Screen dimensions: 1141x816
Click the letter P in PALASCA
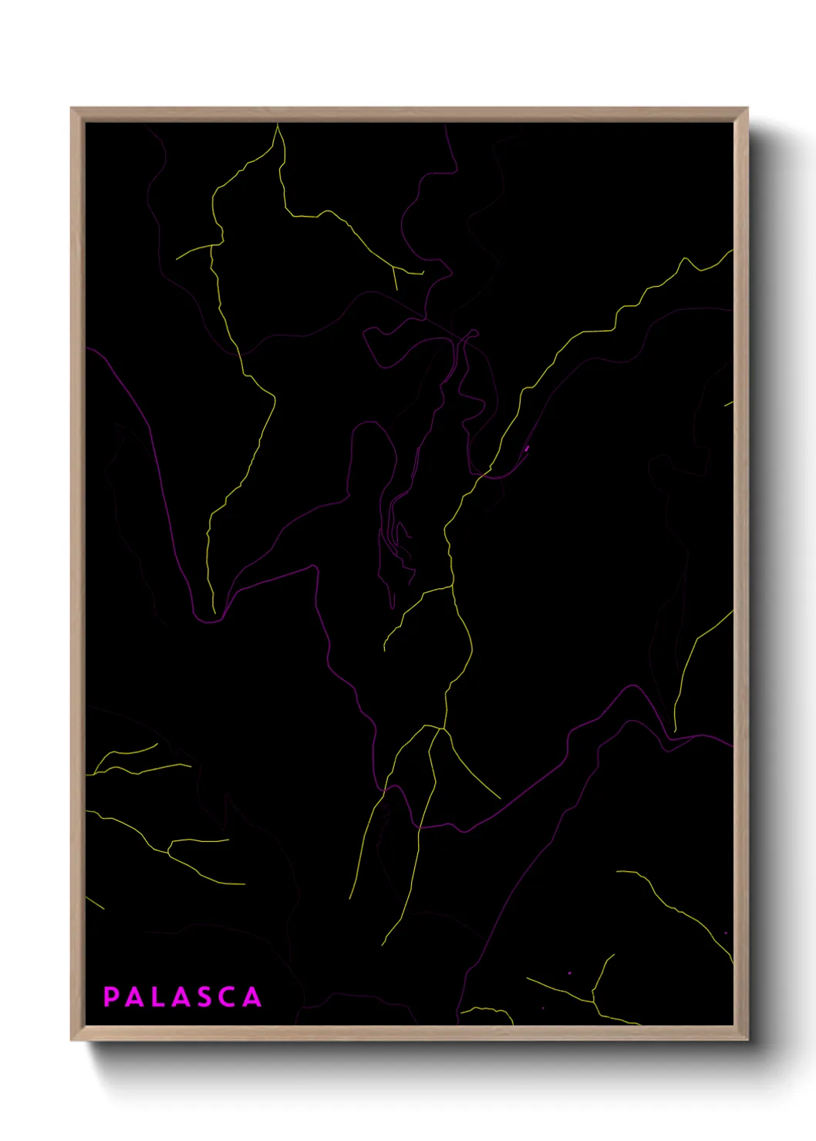click(111, 997)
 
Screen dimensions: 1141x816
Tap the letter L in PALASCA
click(159, 997)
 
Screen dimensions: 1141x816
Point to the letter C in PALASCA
click(228, 997)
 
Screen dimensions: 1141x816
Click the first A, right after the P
click(134, 997)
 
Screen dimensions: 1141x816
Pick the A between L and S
click(180, 997)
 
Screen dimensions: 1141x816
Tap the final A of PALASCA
click(252, 997)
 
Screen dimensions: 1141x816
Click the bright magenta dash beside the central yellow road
click(527, 447)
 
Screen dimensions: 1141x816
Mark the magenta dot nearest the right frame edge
click(725, 933)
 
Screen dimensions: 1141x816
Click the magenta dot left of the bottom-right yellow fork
click(570, 973)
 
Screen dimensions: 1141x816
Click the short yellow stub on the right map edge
click(728, 403)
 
